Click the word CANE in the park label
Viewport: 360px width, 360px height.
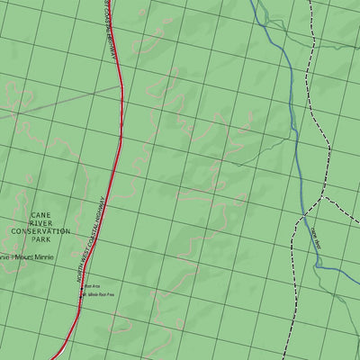pos(40,216)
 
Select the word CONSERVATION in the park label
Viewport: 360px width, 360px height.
pos(40,232)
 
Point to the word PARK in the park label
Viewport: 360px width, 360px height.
pos(40,240)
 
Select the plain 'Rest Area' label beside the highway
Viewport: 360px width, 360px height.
pos(92,287)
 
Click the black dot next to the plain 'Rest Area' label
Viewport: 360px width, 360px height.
pos(83,287)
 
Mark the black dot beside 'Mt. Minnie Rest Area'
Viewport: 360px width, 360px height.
pos(83,294)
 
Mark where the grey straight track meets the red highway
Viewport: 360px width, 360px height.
pos(120,88)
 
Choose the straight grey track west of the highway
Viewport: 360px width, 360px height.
pos(63,102)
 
